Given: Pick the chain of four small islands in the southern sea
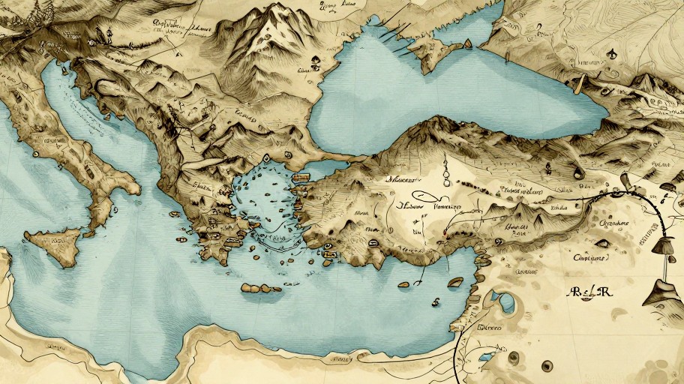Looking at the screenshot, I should point(261,288).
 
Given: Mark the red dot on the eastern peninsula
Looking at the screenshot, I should point(445,234).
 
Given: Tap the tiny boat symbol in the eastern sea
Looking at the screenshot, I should point(434,301).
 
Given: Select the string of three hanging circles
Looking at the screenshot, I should point(445,169).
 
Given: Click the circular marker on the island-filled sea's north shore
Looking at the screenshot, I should point(267,159).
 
